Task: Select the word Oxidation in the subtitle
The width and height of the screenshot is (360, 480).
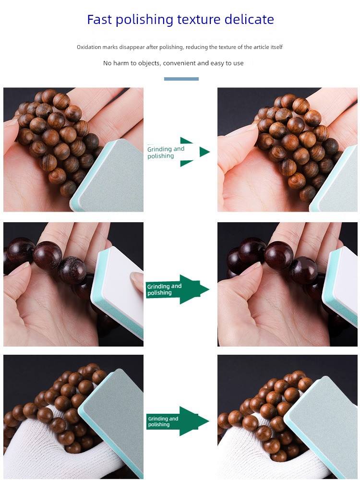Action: pos(89,47)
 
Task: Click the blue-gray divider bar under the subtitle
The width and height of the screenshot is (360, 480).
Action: pos(181,79)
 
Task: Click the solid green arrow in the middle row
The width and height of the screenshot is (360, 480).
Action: pos(177,289)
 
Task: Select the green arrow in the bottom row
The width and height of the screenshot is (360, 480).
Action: pos(178,421)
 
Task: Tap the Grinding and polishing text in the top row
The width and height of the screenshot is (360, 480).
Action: pos(166,153)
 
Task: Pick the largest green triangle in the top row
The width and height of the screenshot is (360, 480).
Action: pos(204,152)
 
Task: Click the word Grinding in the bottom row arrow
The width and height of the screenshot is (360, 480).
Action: pos(158,419)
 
